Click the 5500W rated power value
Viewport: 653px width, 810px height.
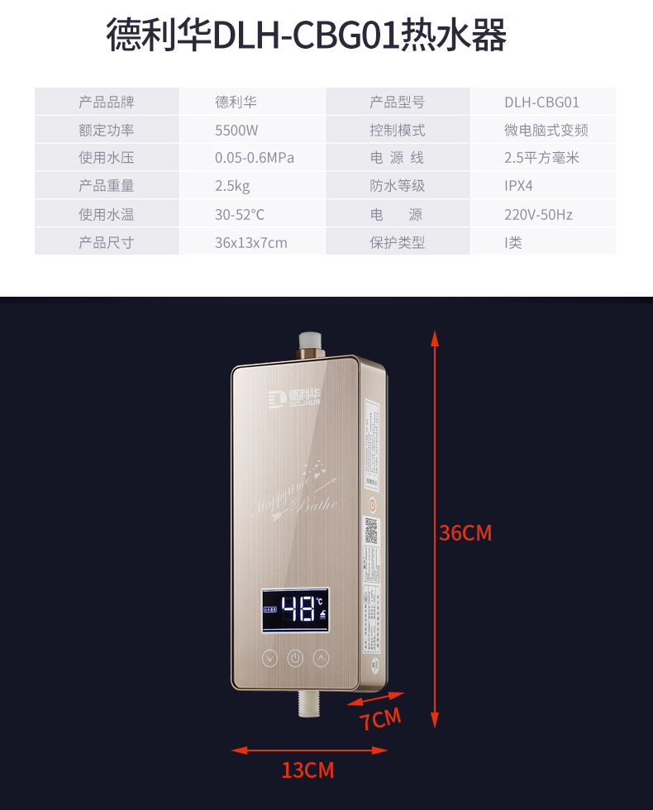pyautogui.click(x=236, y=131)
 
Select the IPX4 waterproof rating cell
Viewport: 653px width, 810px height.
pyautogui.click(x=519, y=187)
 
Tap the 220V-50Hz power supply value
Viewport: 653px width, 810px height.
pyautogui.click(x=538, y=215)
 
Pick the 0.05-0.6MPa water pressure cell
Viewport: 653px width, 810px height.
pyautogui.click(x=255, y=159)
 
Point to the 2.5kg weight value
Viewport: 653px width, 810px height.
pyautogui.click(x=232, y=187)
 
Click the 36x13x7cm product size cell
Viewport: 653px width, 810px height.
pyautogui.click(x=251, y=243)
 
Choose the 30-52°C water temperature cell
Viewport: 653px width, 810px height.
pyautogui.click(x=240, y=215)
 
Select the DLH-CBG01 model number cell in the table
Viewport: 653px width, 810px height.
pyautogui.click(x=541, y=102)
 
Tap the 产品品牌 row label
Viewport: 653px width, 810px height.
pyautogui.click(x=107, y=102)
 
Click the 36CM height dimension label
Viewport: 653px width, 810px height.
pyautogui.click(x=465, y=533)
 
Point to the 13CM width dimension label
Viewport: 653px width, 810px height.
pyautogui.click(x=307, y=770)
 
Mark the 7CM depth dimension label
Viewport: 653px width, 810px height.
pyautogui.click(x=380, y=719)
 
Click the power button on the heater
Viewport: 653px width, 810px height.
pyautogui.click(x=295, y=659)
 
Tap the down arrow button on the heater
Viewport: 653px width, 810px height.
pyautogui.click(x=269, y=659)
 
